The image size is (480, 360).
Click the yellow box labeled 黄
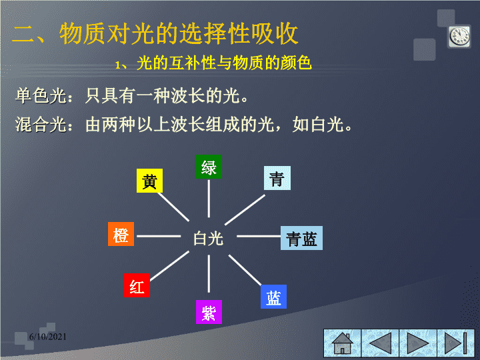[149, 181]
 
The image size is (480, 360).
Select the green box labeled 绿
[209, 167]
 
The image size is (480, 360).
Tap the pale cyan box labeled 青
[277, 178]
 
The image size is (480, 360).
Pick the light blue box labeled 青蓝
[301, 238]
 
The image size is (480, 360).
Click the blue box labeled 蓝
[274, 297]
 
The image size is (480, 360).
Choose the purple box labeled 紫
[209, 312]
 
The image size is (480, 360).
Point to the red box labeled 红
[137, 285]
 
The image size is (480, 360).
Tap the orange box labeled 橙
[121, 234]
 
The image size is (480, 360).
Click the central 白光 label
[208, 239]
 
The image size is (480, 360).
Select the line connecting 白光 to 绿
[209, 199]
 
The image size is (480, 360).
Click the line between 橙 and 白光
[159, 236]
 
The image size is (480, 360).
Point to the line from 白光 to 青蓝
[259, 236]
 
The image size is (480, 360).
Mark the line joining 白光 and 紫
[209, 274]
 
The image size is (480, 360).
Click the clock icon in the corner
[459, 37]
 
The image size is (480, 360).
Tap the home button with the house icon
[343, 343]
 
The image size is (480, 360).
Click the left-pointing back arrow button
[380, 343]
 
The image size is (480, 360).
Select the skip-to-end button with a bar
[456, 343]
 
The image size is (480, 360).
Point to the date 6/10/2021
[48, 337]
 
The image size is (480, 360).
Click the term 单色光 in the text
[41, 96]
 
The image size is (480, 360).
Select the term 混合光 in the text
[41, 125]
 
